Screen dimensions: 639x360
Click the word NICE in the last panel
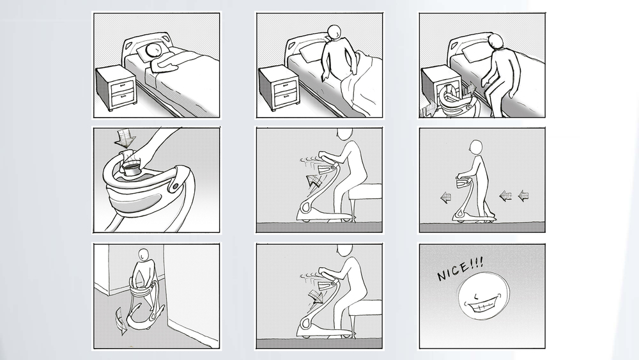click(x=453, y=272)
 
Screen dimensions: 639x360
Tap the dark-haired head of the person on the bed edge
click(x=497, y=41)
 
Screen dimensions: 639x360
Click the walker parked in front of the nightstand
click(x=453, y=100)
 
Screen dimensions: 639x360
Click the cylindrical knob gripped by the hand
click(x=131, y=168)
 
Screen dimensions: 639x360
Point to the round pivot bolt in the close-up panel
click(x=175, y=185)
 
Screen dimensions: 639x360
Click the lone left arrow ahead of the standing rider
click(x=445, y=198)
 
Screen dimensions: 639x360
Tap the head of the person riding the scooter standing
click(x=475, y=147)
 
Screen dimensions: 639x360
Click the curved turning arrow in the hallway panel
click(x=121, y=320)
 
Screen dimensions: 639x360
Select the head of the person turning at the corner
click(x=142, y=254)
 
